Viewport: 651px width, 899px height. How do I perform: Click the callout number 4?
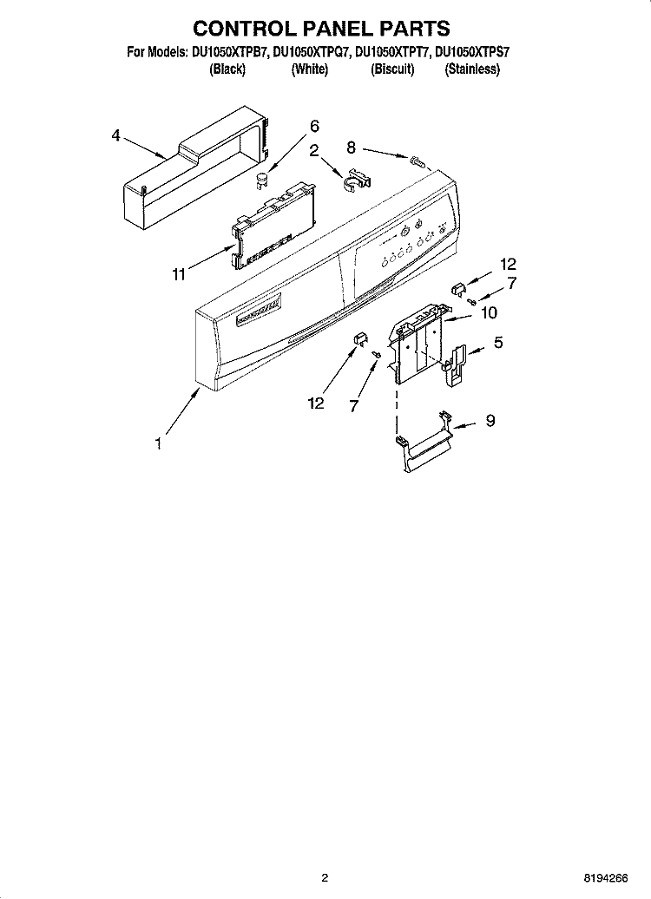116,136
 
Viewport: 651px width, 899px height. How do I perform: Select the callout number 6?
314,126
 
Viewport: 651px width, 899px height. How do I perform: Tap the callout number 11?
179,274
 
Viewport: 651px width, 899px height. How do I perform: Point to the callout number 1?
159,443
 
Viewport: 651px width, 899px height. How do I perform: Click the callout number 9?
490,420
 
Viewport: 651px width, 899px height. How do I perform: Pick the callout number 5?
498,342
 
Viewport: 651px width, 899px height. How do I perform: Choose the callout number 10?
489,312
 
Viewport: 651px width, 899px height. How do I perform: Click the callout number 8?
351,148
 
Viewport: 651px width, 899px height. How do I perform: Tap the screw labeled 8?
417,162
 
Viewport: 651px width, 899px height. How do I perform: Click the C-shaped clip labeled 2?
358,180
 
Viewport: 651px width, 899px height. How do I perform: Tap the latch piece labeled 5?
456,366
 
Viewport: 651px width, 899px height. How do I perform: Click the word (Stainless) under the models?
472,70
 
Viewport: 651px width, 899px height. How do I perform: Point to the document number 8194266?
606,878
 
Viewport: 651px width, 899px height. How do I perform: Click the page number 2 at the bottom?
325,878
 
